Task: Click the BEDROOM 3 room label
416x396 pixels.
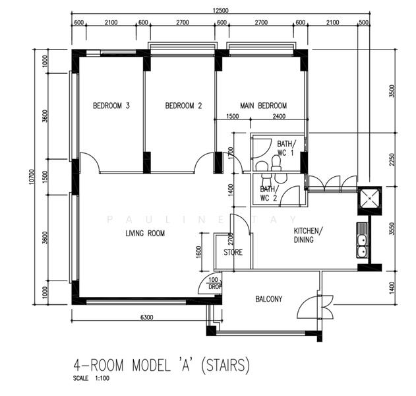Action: pyautogui.click(x=111, y=106)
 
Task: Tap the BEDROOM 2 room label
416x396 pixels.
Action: pyautogui.click(x=183, y=106)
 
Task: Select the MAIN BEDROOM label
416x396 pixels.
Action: pyautogui.click(x=263, y=106)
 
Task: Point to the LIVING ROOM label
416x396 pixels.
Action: pyautogui.click(x=145, y=233)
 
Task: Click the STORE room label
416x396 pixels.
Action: pyautogui.click(x=233, y=252)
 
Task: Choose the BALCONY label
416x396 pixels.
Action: pyautogui.click(x=268, y=299)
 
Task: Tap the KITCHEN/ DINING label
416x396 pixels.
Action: pyautogui.click(x=308, y=235)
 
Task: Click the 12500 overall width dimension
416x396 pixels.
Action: pyautogui.click(x=220, y=11)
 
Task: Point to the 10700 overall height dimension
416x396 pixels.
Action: pyautogui.click(x=32, y=177)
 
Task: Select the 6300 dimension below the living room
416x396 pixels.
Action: pyautogui.click(x=147, y=317)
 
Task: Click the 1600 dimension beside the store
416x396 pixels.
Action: pyautogui.click(x=198, y=251)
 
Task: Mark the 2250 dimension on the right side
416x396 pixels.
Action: pyautogui.click(x=392, y=159)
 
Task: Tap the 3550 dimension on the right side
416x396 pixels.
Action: pyautogui.click(x=392, y=228)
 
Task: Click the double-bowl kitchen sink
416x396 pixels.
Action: pyautogui.click(x=362, y=240)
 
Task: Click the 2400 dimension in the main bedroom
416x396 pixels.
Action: pyautogui.click(x=279, y=116)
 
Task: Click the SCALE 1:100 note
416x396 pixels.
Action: pyautogui.click(x=91, y=378)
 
